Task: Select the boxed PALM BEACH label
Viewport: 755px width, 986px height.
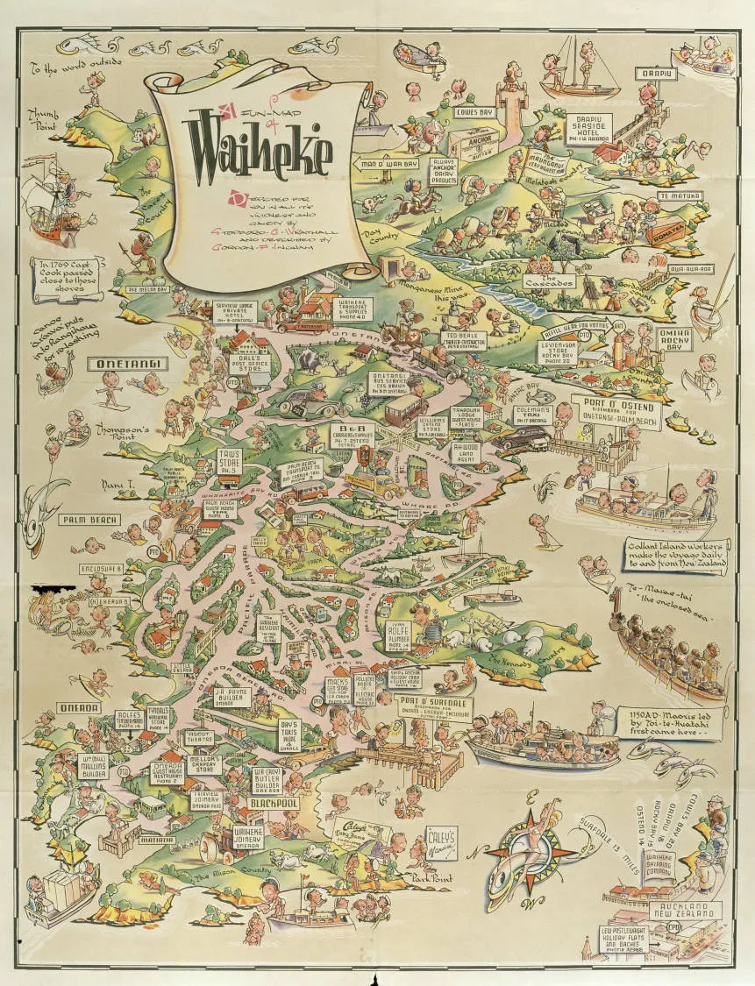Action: [x=88, y=519]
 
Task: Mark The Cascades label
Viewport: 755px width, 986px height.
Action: [x=550, y=282]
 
